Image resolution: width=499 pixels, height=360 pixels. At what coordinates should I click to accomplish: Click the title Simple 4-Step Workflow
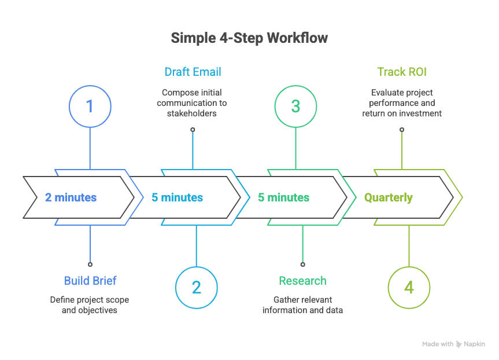[249, 38]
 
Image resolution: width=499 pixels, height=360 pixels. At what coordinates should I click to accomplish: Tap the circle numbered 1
[90, 106]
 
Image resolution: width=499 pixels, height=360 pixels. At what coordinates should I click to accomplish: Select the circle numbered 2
[196, 288]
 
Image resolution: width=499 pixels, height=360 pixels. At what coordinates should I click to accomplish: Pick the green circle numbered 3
[295, 106]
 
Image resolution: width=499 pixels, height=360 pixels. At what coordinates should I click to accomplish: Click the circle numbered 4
[409, 288]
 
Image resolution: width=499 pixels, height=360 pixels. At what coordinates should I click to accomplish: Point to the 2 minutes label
[71, 197]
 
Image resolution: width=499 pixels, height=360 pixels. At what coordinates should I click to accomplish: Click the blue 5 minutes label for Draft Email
[178, 197]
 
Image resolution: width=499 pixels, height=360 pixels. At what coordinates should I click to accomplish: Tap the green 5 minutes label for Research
[284, 197]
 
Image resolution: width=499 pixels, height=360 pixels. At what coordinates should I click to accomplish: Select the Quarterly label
[389, 197]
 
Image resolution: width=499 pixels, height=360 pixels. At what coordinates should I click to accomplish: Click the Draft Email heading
[193, 72]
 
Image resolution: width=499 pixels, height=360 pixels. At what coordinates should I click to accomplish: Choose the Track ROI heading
[402, 72]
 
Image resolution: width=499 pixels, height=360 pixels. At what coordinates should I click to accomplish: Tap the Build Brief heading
[90, 281]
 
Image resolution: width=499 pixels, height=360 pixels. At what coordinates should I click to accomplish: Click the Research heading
[302, 281]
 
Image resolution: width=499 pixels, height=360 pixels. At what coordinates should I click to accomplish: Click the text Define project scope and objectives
[90, 305]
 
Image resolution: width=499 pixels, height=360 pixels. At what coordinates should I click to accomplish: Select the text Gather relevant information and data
[302, 305]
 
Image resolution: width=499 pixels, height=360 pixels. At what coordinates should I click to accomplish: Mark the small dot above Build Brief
[90, 264]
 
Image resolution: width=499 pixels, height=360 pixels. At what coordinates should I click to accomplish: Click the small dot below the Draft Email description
[193, 130]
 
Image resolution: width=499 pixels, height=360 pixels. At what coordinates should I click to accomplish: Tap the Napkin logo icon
[459, 344]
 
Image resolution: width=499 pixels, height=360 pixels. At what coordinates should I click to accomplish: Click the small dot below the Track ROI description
[402, 130]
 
